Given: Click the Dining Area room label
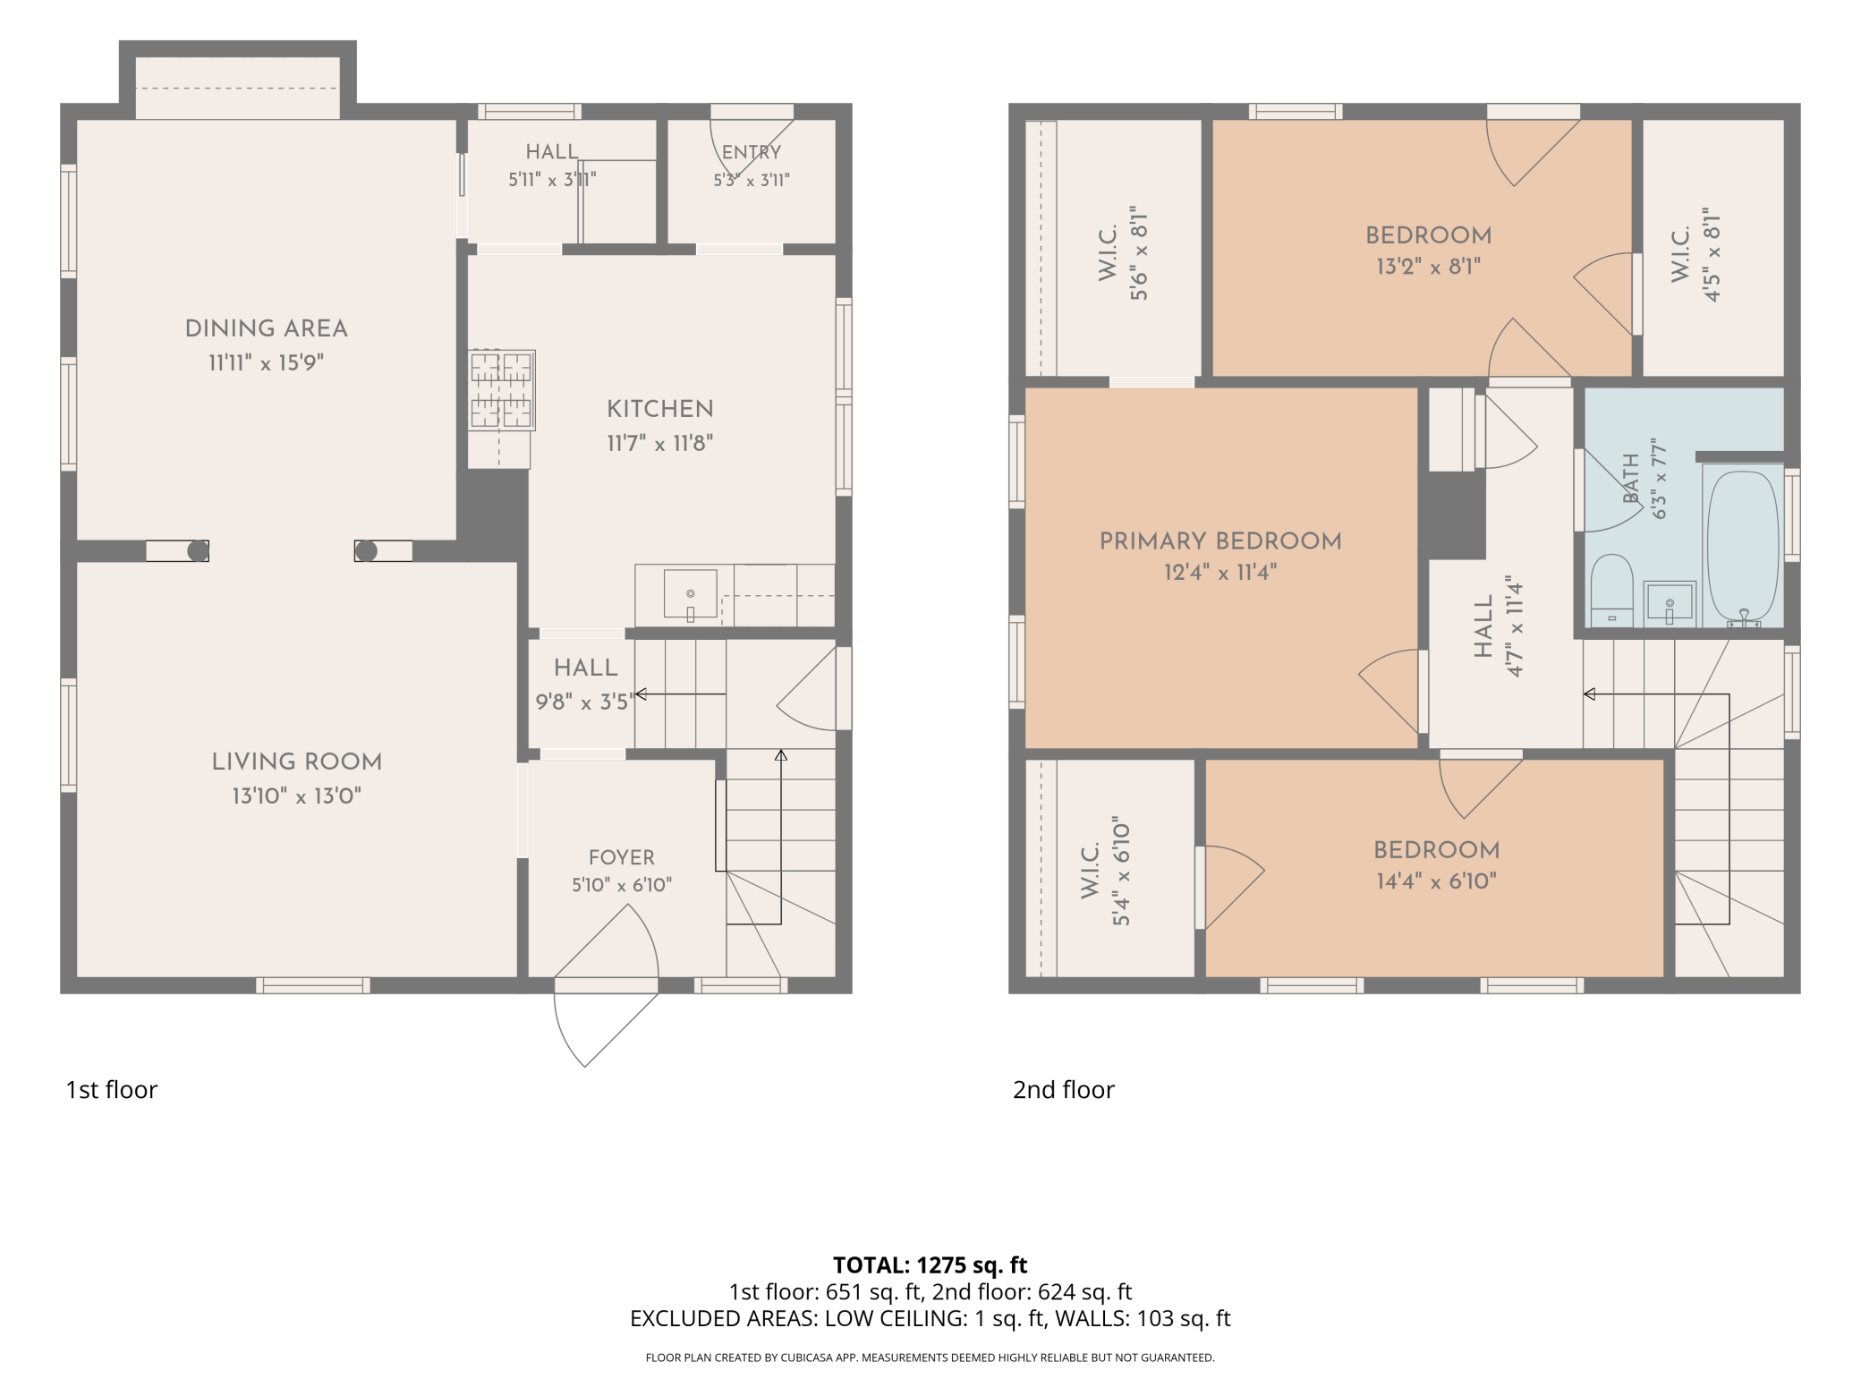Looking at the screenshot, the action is click(x=266, y=328).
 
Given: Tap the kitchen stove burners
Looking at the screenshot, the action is click(x=502, y=390).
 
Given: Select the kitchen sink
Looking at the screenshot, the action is click(x=690, y=594).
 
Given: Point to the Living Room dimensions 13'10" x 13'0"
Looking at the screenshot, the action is click(x=297, y=796).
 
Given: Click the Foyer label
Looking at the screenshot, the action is click(x=622, y=857).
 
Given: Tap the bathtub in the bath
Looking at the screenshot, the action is click(x=1743, y=546).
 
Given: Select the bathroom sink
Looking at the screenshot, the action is click(x=1670, y=603).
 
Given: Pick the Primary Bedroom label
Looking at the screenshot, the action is click(x=1220, y=541).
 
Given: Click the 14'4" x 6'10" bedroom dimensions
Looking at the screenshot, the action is click(x=1436, y=881).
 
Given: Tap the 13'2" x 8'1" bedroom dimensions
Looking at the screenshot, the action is click(x=1428, y=267).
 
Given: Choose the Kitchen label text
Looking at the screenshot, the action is click(x=660, y=409).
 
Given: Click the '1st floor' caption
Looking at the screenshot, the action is click(x=111, y=1090).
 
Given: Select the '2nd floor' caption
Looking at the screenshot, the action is click(x=1064, y=1090).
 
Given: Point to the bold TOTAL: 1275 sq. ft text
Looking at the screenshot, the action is click(x=930, y=1265).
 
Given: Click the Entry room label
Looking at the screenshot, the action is click(x=752, y=152).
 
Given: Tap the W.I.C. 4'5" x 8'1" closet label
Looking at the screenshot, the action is click(x=1696, y=255).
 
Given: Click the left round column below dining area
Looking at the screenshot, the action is click(x=198, y=551).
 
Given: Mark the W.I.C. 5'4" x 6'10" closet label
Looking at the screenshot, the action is click(x=1106, y=871).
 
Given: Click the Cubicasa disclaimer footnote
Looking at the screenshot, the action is click(x=930, y=1358).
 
